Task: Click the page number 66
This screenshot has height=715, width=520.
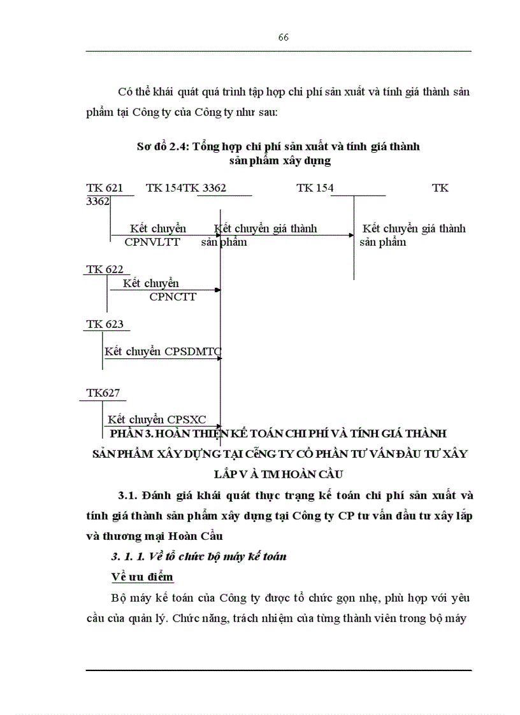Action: [x=284, y=37]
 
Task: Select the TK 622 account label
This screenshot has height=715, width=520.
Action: [x=105, y=269]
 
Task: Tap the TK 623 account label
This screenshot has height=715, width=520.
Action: [x=105, y=324]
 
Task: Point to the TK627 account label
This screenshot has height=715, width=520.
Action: [x=103, y=393]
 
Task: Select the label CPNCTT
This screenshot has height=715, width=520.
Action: [x=173, y=296]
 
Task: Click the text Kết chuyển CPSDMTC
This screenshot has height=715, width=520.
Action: [x=163, y=351]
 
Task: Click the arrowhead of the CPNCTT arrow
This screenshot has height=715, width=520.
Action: [x=218, y=290]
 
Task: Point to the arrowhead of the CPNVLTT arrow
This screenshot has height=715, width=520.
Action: [x=218, y=235]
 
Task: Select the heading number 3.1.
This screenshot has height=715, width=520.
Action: [x=127, y=495]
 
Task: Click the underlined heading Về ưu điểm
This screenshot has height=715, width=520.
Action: [x=142, y=577]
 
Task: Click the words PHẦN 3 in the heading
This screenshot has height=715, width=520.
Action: [x=131, y=434]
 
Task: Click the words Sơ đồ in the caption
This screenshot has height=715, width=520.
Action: [x=151, y=146]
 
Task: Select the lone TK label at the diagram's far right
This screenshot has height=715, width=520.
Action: [x=440, y=188]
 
